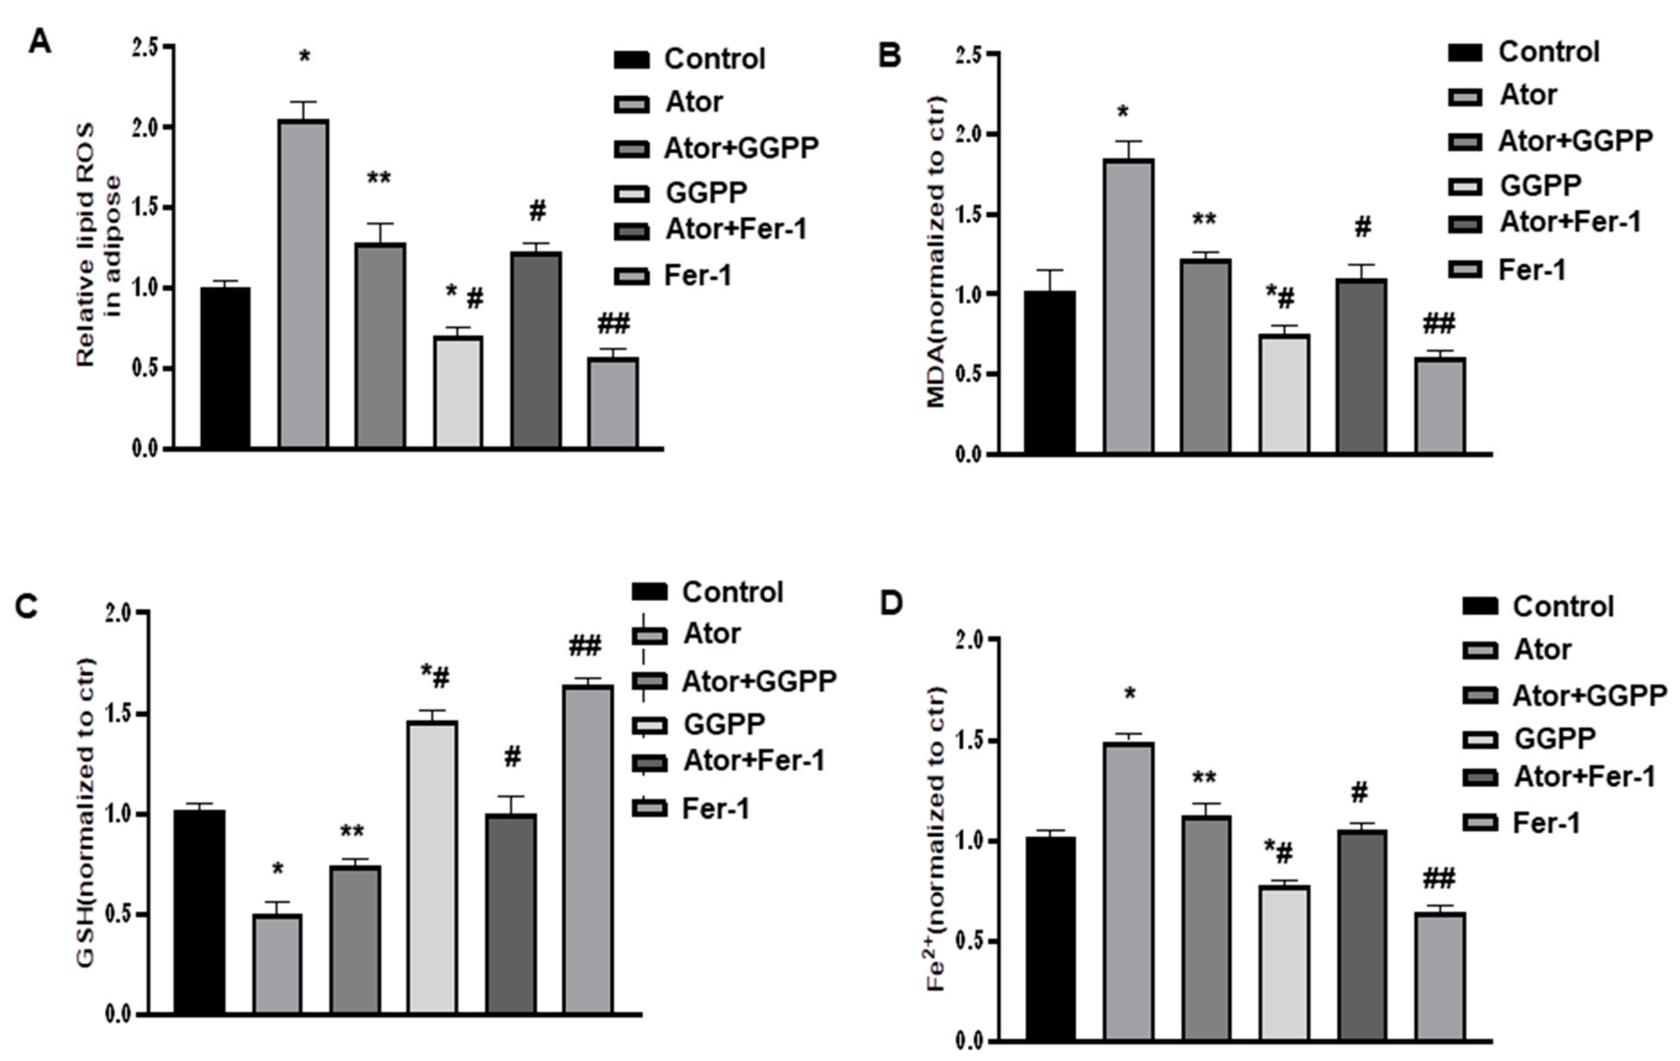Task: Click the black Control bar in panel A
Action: [225, 367]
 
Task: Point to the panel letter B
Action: [889, 54]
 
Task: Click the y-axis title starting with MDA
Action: [936, 251]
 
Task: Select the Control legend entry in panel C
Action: [709, 592]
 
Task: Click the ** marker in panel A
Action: [379, 178]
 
